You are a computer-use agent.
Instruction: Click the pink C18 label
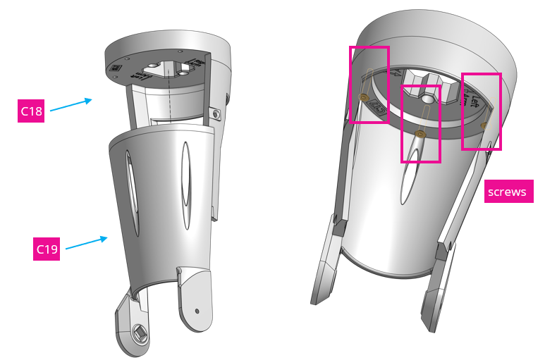click(x=31, y=111)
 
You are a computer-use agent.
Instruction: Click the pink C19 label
click(x=47, y=249)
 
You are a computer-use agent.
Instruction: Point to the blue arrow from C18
click(x=71, y=105)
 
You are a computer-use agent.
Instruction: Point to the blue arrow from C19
click(x=85, y=243)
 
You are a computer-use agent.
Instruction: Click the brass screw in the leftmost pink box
click(x=364, y=97)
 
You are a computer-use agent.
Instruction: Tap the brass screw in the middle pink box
click(x=421, y=133)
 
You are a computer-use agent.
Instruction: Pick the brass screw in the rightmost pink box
click(x=484, y=125)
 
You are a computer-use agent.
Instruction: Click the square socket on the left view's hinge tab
click(x=138, y=331)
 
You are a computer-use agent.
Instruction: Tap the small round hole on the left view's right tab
click(x=197, y=310)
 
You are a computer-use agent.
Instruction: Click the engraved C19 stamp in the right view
click(x=377, y=109)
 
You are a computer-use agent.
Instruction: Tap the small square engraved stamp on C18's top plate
click(x=116, y=68)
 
